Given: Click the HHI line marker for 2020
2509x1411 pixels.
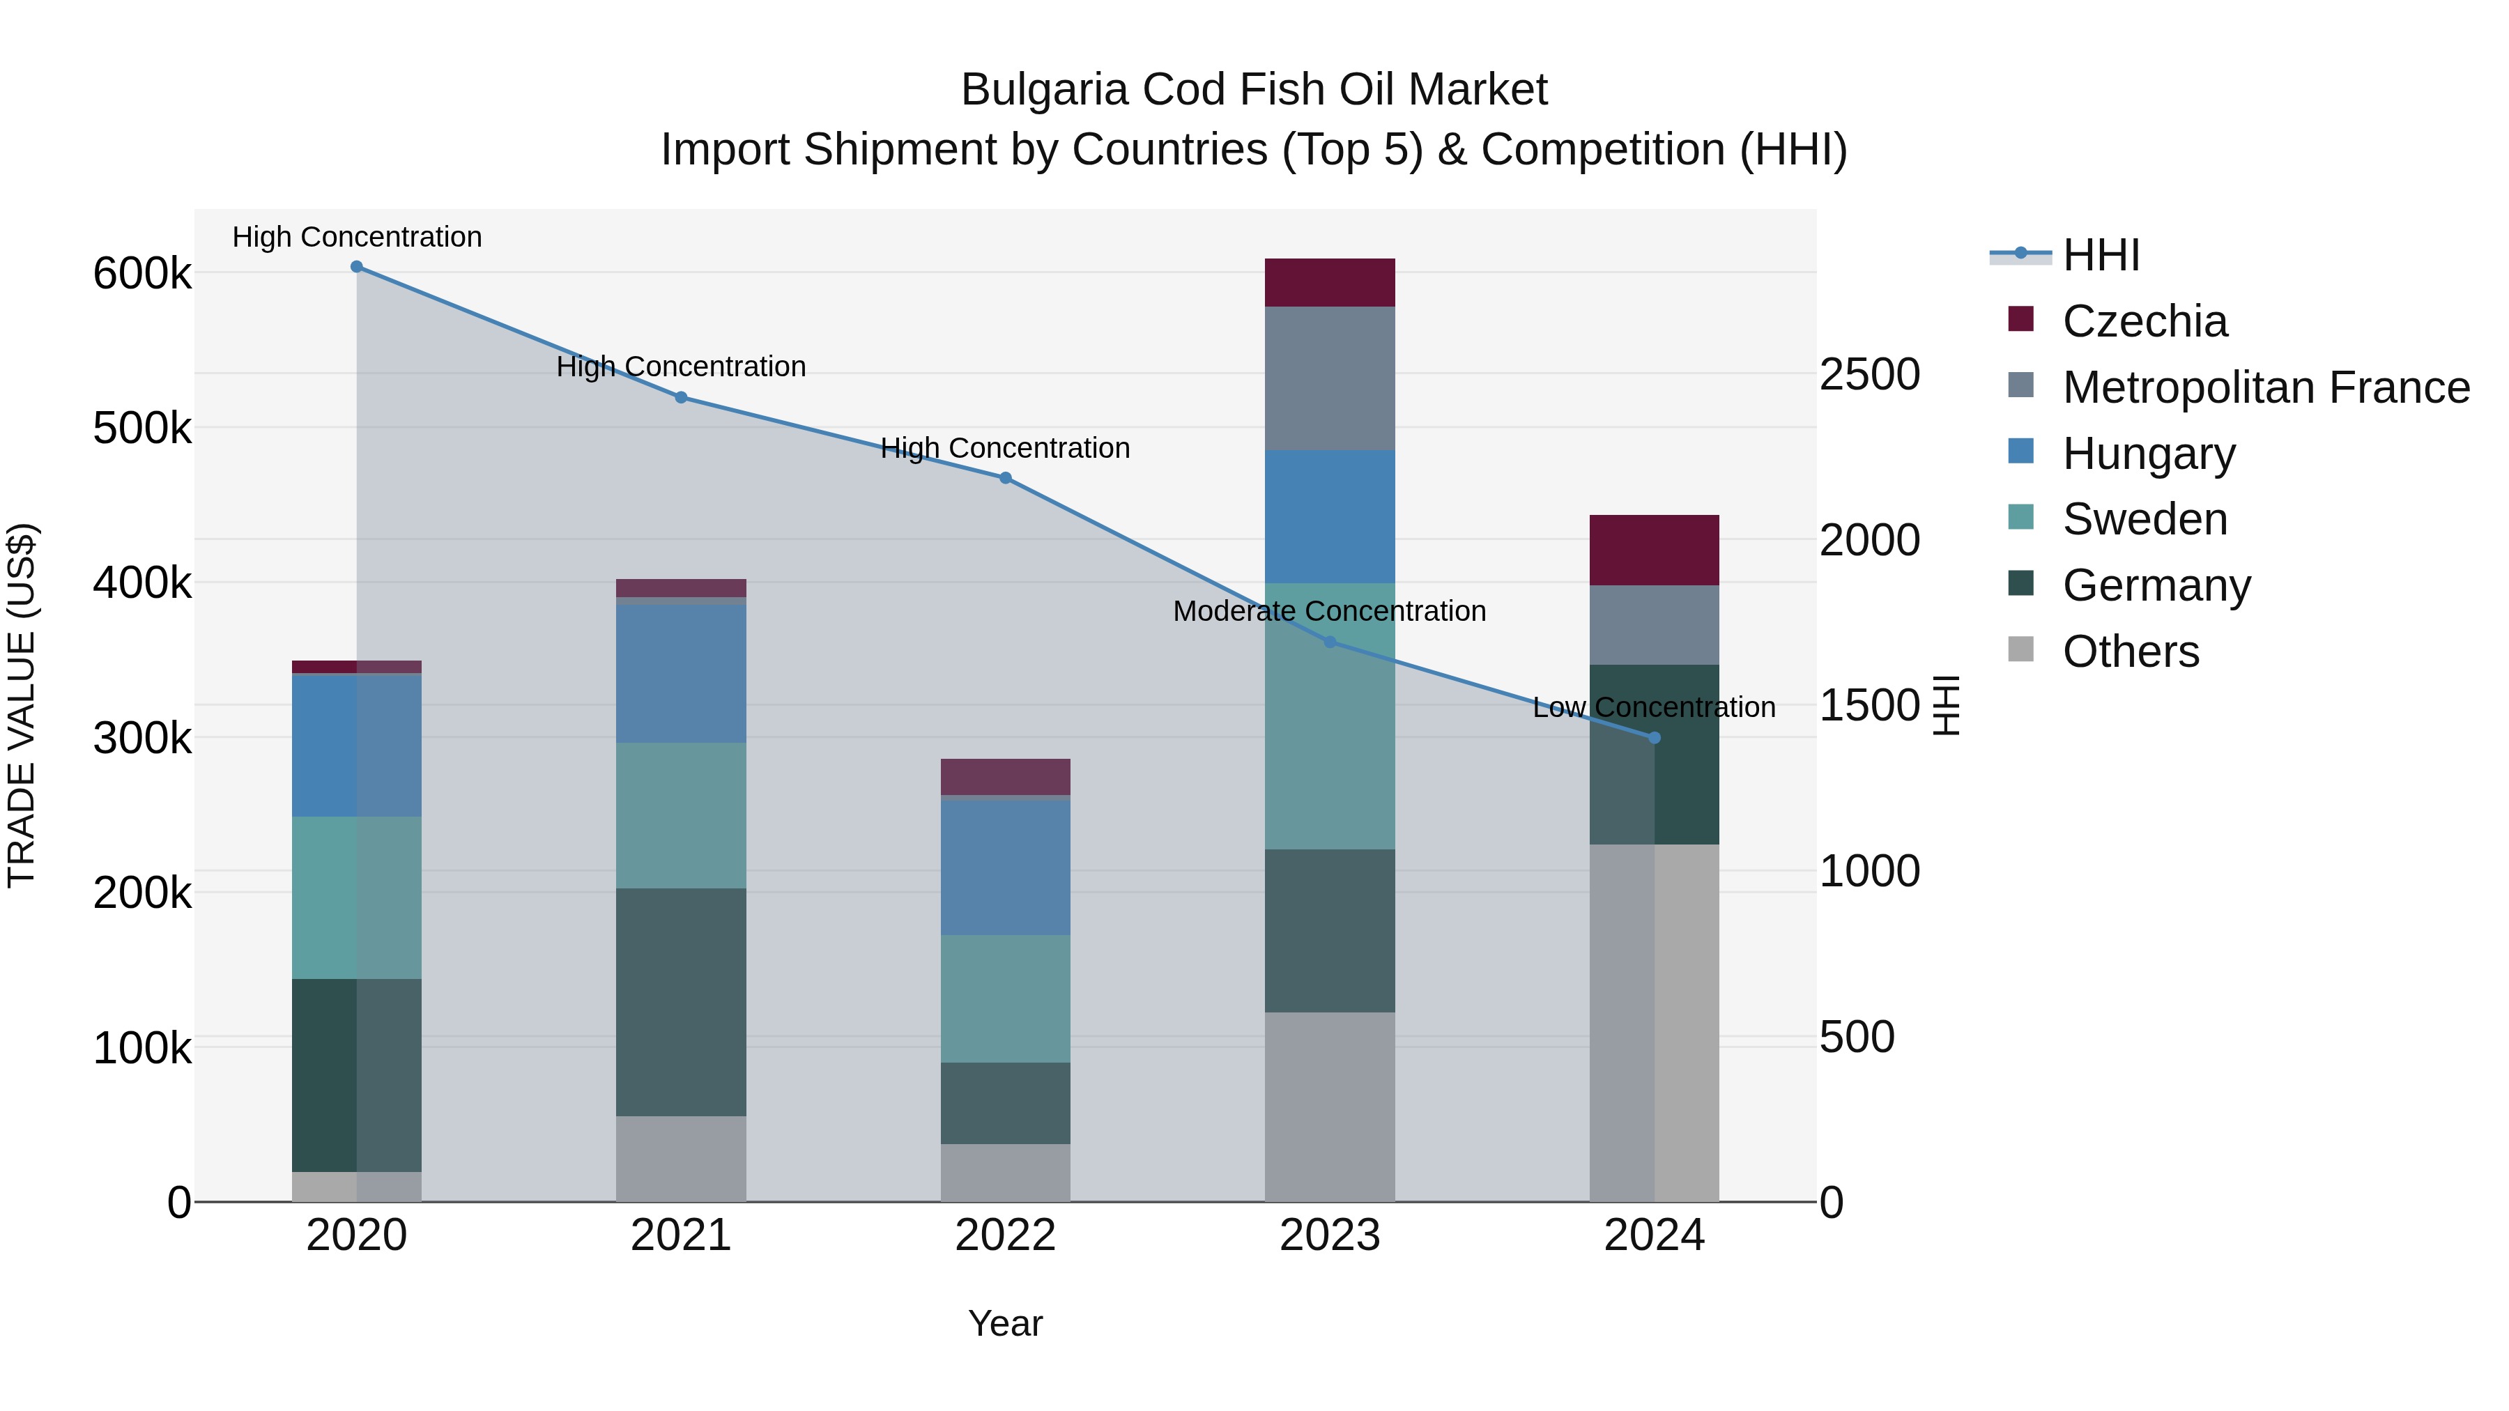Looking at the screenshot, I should click(356, 267).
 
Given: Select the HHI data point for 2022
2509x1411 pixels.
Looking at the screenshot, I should click(1005, 478).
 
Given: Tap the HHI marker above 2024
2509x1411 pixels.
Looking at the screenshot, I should click(1654, 738).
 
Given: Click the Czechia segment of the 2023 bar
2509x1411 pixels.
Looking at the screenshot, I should click(1330, 282).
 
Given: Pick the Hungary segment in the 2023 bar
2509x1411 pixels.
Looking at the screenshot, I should click(1330, 516).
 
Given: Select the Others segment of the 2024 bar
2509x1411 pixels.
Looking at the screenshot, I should click(1654, 1022).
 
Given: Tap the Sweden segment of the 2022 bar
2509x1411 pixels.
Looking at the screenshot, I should click(1005, 998).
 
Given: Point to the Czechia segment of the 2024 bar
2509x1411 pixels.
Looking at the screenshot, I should click(1654, 550).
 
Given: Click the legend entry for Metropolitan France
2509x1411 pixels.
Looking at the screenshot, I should click(2266, 387).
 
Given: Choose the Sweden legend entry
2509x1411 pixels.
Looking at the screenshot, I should click(2144, 519).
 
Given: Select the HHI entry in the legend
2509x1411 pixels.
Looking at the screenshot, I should click(2101, 255).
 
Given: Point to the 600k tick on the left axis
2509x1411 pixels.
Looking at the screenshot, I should click(142, 274).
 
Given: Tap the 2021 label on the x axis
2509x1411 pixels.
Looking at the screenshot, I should click(681, 1235).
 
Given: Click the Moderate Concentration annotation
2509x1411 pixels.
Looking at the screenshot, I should click(1330, 612).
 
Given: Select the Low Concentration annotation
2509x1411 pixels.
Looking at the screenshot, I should click(1654, 708).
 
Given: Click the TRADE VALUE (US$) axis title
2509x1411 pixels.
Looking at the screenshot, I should click(22, 705).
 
